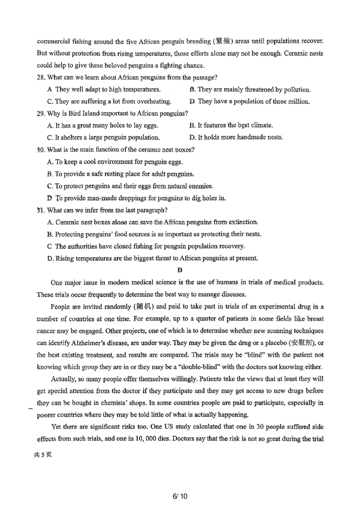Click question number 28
41,77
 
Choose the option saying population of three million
250,101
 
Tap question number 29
41,113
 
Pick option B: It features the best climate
231,125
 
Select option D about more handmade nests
236,137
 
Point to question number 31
41,210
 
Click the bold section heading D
180,270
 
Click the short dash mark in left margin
30,408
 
